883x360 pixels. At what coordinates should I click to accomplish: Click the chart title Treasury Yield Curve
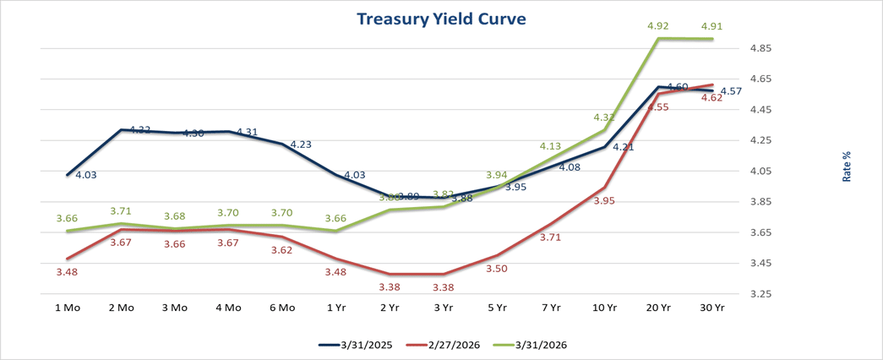[441, 19]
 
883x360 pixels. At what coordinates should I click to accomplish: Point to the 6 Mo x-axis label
[281, 308]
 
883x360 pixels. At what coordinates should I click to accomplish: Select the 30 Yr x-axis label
[712, 308]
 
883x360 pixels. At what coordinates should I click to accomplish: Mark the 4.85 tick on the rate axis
[762, 48]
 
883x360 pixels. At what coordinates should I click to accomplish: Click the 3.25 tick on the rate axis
[762, 294]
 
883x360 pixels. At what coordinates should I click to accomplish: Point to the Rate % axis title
[846, 166]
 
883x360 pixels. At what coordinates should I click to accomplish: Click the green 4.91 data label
[712, 26]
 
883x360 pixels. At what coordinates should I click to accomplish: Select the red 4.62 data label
[712, 98]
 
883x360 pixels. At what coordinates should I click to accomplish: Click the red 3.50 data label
[497, 268]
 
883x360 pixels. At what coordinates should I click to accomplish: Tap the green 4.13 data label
[551, 145]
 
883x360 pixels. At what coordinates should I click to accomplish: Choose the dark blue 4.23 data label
[302, 145]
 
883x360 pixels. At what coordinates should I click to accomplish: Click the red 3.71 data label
[551, 237]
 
